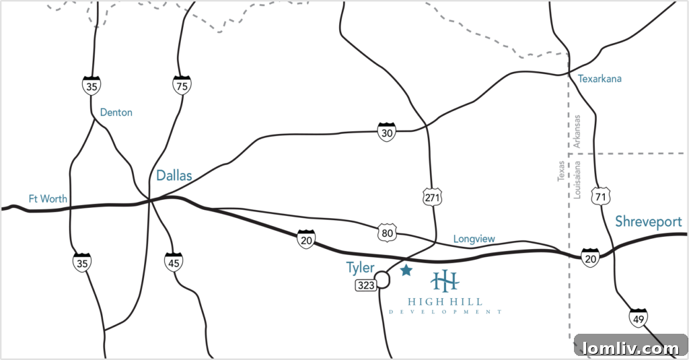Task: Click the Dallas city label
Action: click(x=174, y=176)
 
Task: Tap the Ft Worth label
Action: click(x=48, y=199)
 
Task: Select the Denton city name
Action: click(x=116, y=112)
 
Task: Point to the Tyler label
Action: click(x=360, y=268)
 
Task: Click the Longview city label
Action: click(x=474, y=239)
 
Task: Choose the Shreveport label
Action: click(x=648, y=222)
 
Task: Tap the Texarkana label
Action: click(x=600, y=79)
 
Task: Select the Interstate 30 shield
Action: click(x=386, y=133)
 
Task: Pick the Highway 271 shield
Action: click(x=432, y=196)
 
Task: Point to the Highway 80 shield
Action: click(x=387, y=233)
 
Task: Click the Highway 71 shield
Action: click(x=600, y=196)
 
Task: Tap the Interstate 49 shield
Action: click(x=639, y=318)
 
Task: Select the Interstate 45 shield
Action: click(x=174, y=261)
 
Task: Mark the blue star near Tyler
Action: click(x=406, y=271)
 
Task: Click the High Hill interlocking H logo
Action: click(x=445, y=281)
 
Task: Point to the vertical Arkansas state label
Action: click(x=577, y=131)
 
